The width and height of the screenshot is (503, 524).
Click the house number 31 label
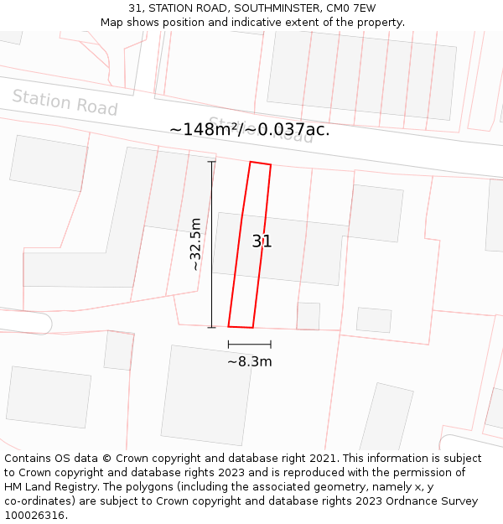click(x=262, y=241)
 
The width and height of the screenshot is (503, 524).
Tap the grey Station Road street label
click(x=65, y=102)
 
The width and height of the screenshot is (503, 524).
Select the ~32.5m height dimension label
click(x=195, y=244)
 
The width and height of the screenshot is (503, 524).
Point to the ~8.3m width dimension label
click(x=250, y=361)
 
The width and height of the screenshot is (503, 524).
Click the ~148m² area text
click(x=205, y=129)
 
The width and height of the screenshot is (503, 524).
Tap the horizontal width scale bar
click(x=249, y=344)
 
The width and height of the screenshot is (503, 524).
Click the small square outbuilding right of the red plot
click(x=309, y=316)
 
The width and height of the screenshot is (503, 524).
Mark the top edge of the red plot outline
click(x=260, y=163)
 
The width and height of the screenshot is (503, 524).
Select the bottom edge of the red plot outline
click(x=241, y=327)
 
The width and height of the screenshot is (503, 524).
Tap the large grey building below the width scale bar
click(x=206, y=394)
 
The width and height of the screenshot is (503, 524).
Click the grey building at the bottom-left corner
click(x=49, y=397)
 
